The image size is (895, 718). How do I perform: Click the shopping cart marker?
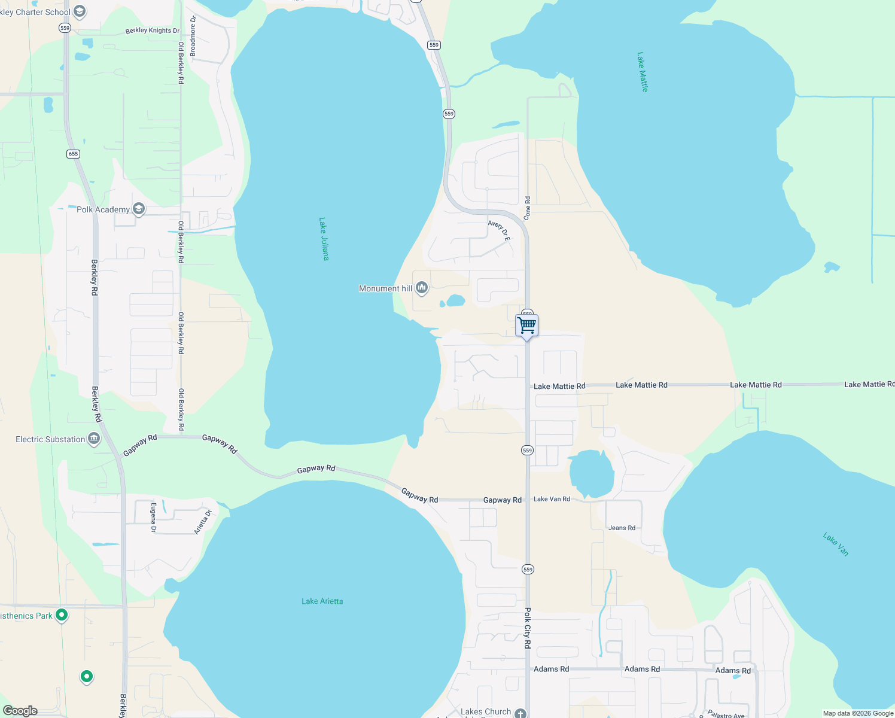(x=526, y=326)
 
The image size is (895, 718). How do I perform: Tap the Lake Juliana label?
(x=324, y=239)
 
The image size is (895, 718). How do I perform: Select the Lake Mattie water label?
(x=643, y=72)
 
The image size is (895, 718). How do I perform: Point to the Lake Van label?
(x=836, y=544)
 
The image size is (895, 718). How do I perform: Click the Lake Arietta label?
(x=322, y=601)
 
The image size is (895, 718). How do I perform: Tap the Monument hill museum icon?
(x=422, y=288)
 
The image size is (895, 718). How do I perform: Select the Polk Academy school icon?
(x=139, y=209)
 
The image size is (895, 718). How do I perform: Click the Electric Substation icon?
(x=94, y=439)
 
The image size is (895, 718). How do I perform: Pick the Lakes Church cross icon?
(x=520, y=713)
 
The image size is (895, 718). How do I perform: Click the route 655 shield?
(x=73, y=154)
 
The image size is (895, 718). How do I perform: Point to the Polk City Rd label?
(x=528, y=628)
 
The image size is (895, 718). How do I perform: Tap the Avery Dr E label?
(x=499, y=231)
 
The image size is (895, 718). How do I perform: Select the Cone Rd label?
(x=527, y=208)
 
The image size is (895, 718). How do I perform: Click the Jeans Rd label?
(x=622, y=528)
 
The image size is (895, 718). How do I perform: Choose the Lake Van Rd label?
(x=552, y=499)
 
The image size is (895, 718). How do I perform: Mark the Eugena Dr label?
(x=154, y=518)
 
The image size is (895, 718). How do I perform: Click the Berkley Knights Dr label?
(x=152, y=31)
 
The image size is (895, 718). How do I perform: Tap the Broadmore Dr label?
(x=193, y=36)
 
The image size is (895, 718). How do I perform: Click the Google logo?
(x=20, y=711)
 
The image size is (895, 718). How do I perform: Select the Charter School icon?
(x=80, y=11)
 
